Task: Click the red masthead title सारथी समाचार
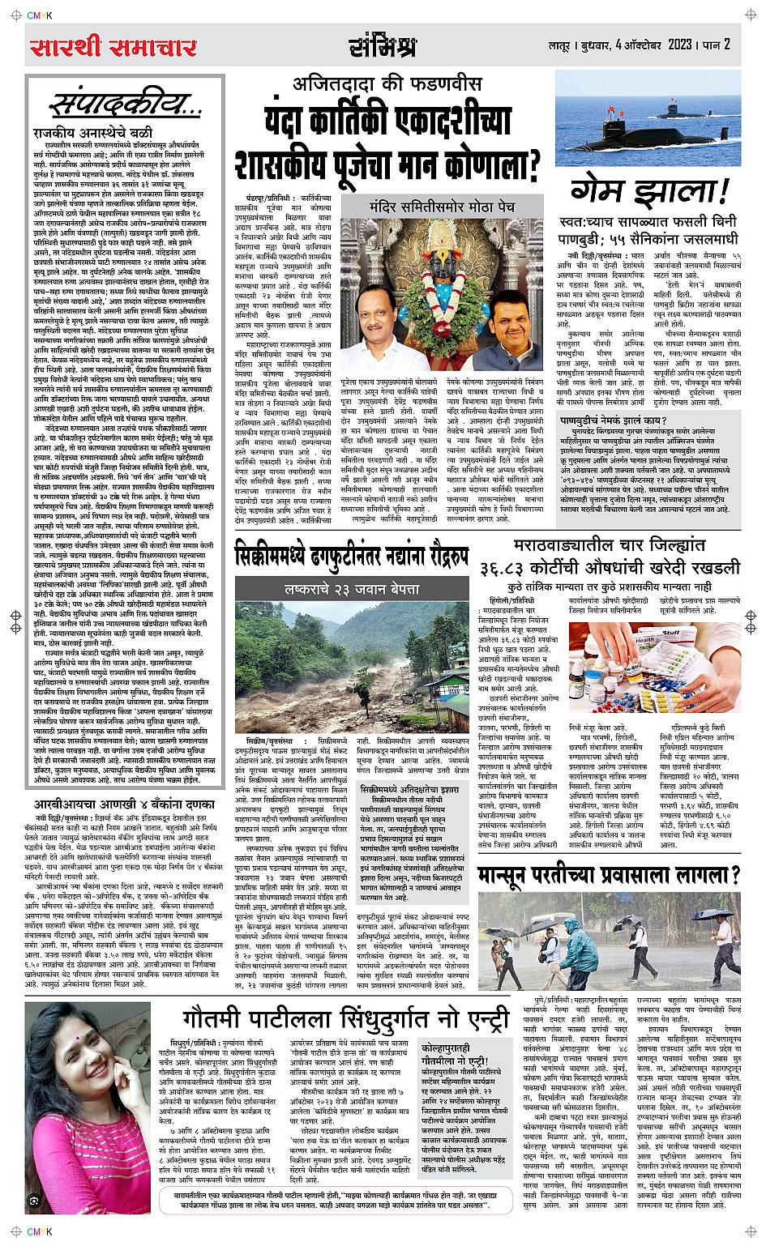113,48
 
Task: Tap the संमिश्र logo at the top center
382,47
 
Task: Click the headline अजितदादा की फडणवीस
387,83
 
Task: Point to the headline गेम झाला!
649,190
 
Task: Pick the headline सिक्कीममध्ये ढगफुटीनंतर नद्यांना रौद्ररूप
351,557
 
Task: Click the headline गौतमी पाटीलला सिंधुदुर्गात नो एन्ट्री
344,1018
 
